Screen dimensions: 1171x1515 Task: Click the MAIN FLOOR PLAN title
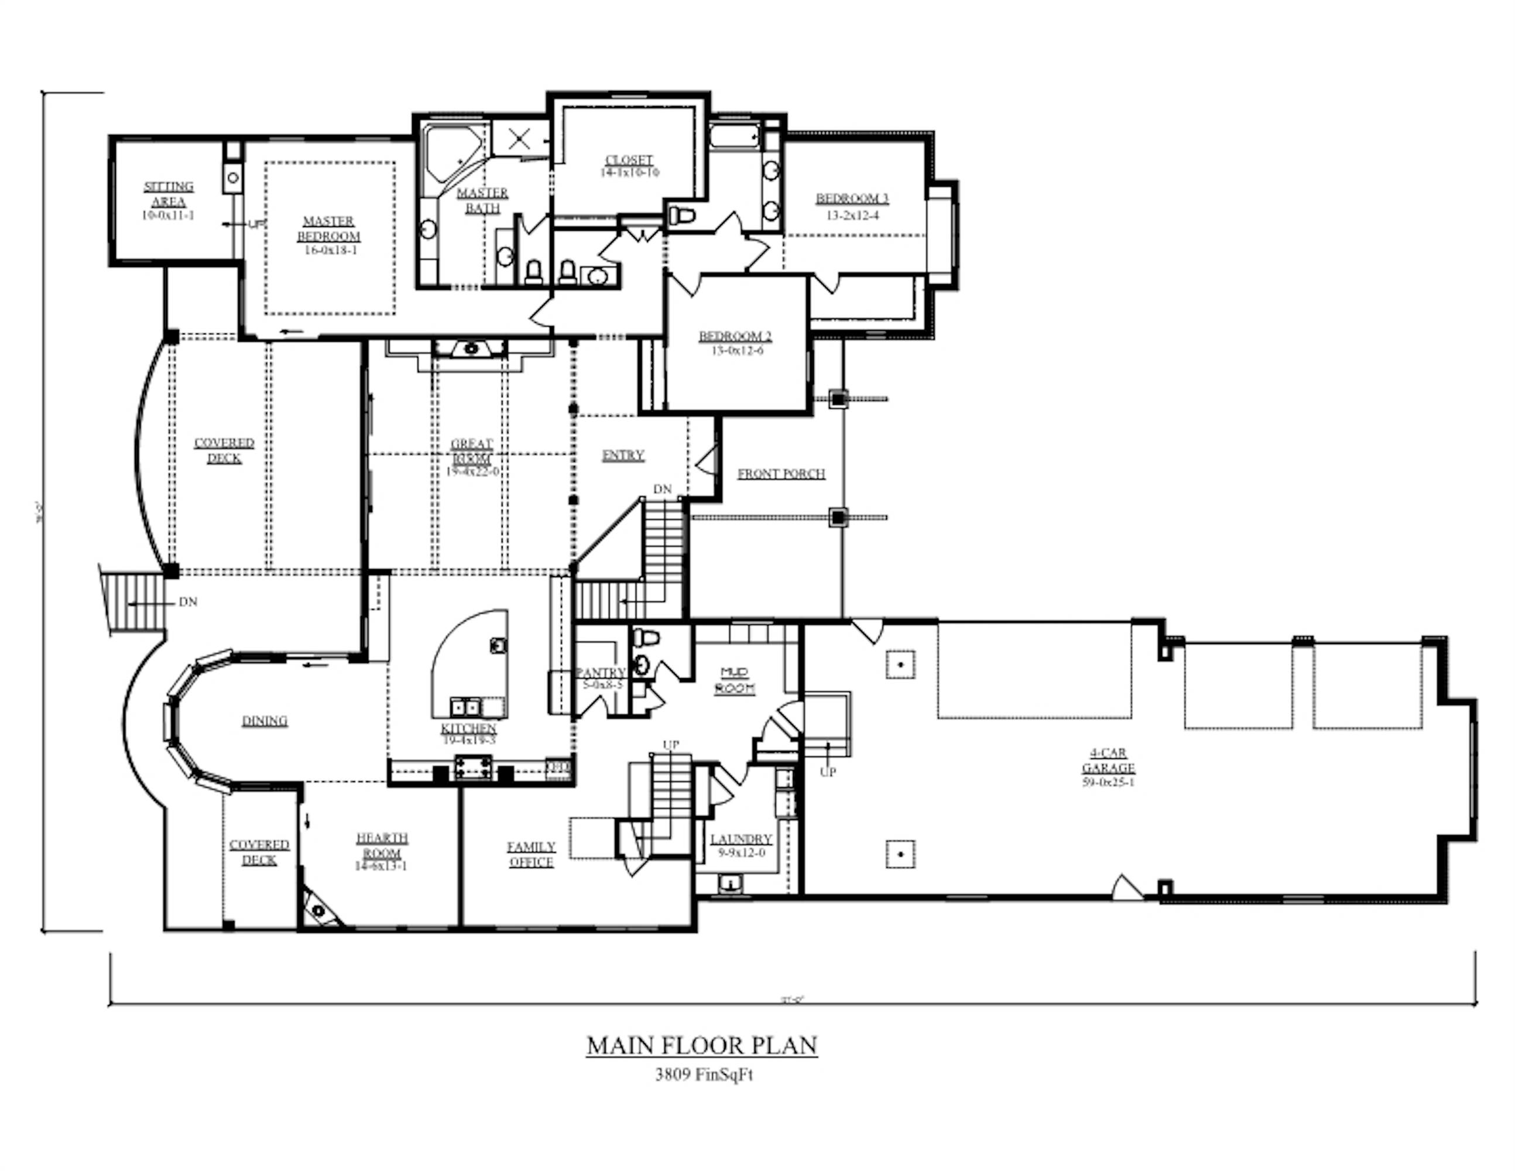tap(701, 1046)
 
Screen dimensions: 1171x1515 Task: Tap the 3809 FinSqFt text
tap(704, 1075)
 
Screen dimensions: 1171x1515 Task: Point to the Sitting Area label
tap(169, 194)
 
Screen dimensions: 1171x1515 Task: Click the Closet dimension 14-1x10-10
tap(629, 173)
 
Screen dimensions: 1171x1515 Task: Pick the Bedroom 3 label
tap(852, 199)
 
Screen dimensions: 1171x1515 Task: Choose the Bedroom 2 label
tap(735, 337)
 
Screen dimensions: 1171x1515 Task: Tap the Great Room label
tap(472, 451)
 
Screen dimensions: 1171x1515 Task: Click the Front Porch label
tap(781, 474)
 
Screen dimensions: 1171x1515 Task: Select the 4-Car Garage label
tap(1108, 761)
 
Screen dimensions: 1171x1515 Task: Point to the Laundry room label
tap(741, 840)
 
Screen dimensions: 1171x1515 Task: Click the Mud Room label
tap(735, 680)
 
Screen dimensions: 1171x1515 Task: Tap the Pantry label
tap(601, 672)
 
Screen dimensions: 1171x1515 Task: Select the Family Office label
tap(531, 855)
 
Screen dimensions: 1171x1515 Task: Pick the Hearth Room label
tap(382, 845)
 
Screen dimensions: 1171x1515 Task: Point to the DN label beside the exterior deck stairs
tap(188, 602)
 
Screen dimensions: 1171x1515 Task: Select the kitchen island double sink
tap(465, 707)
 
